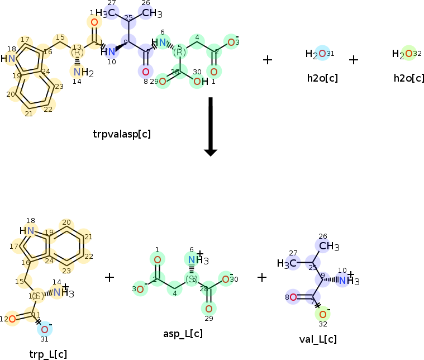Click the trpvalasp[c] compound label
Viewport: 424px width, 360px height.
[x=122, y=134]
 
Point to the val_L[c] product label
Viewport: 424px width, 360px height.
[x=318, y=339]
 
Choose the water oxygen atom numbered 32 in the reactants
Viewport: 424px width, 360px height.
[x=409, y=54]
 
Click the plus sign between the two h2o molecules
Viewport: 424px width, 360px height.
[x=354, y=59]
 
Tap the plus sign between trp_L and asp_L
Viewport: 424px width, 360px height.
[x=109, y=277]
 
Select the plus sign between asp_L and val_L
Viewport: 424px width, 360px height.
[x=262, y=277]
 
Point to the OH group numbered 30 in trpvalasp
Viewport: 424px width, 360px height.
[x=199, y=82]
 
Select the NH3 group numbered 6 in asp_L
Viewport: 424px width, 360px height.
[x=196, y=259]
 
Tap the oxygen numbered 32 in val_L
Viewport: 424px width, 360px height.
[x=323, y=315]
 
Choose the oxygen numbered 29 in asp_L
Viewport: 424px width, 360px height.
[x=208, y=308]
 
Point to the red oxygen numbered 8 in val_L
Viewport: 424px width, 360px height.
[x=293, y=297]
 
